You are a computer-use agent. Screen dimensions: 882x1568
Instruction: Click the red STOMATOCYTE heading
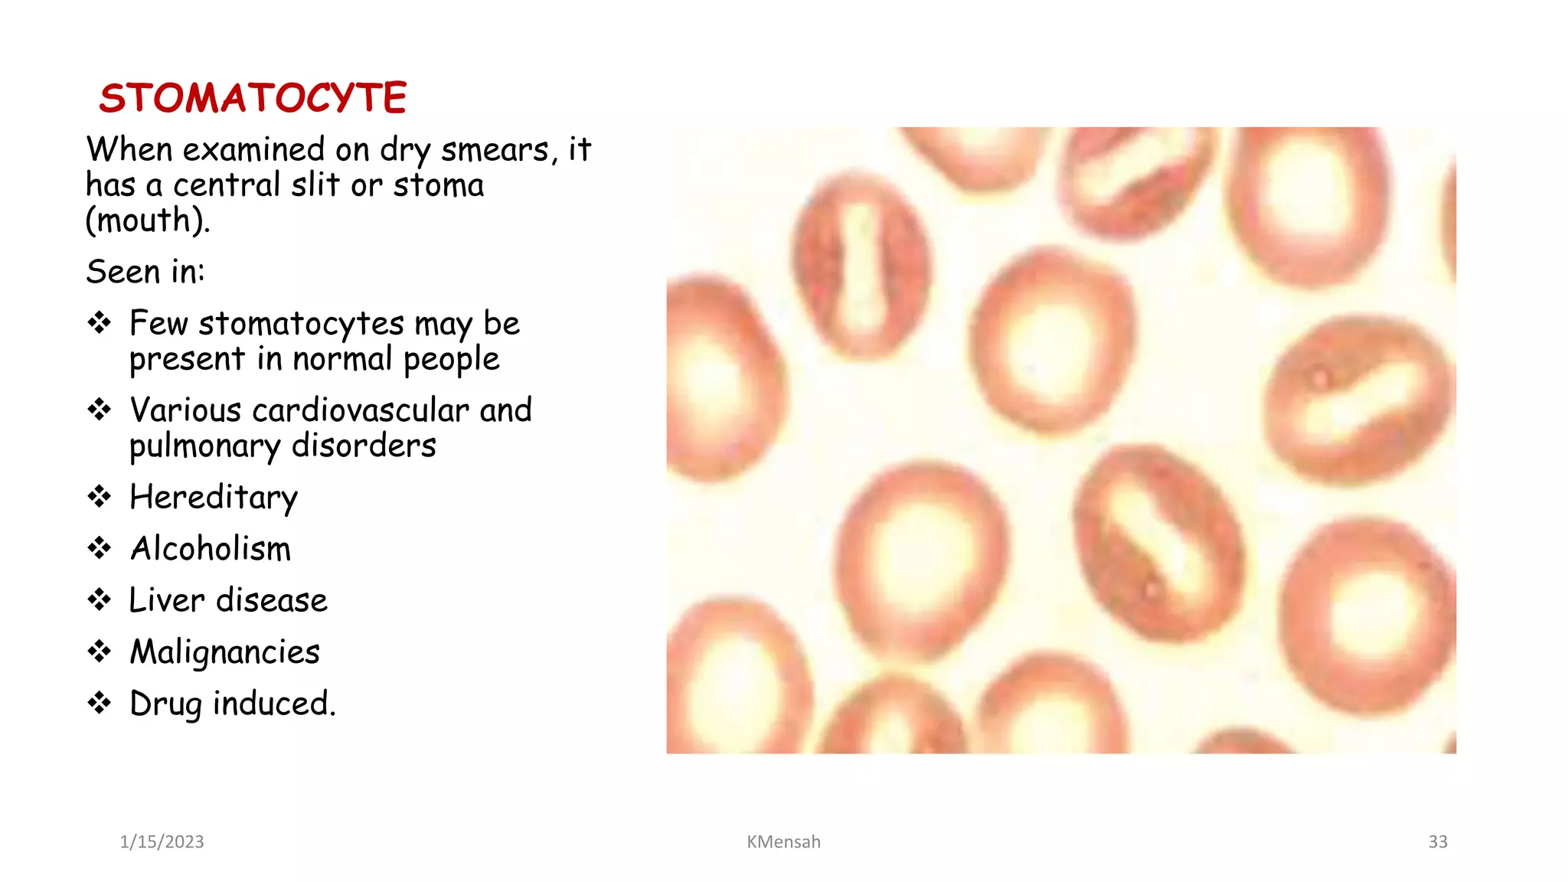click(253, 98)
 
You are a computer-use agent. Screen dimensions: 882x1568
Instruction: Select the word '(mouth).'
click(147, 221)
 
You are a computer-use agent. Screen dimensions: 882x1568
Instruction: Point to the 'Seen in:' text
click(145, 272)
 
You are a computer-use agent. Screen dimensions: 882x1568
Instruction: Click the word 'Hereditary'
click(214, 498)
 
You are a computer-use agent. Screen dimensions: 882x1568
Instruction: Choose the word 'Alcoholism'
click(211, 549)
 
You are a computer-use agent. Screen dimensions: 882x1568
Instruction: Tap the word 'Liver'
click(167, 600)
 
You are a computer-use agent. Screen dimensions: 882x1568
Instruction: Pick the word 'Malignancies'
click(224, 652)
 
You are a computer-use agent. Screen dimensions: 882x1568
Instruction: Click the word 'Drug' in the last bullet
click(165, 704)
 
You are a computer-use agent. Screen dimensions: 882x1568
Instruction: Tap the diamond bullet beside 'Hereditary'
click(100, 497)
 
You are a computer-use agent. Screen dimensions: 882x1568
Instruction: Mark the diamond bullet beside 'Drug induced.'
click(100, 703)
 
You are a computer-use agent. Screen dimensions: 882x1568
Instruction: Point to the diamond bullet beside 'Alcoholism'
click(100, 548)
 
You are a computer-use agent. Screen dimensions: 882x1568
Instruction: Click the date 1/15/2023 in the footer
click(162, 842)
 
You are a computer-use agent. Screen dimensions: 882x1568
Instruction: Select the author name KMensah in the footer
click(783, 842)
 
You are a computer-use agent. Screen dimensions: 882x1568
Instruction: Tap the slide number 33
click(1437, 842)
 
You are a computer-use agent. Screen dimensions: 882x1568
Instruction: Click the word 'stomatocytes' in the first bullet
click(301, 324)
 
